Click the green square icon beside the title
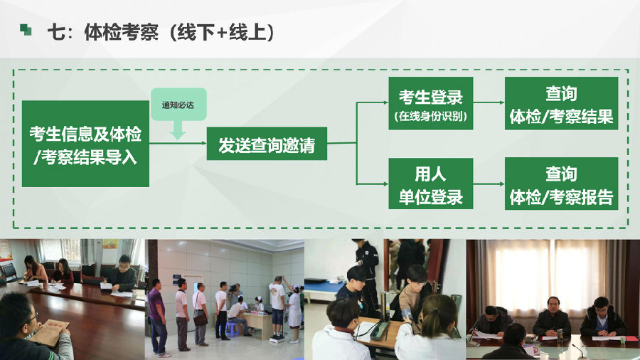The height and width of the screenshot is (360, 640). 26,29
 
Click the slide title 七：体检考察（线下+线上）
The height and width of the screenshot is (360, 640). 161,32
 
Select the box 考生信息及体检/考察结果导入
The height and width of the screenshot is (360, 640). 85,144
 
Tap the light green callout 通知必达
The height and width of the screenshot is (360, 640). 178,105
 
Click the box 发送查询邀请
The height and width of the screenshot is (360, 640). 267,144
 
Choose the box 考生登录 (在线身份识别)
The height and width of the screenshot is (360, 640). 431,103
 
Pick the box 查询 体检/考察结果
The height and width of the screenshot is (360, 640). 561,103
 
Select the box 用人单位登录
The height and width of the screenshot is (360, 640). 431,184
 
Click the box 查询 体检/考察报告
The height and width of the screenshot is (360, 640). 561,184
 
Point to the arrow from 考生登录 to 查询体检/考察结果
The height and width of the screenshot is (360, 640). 489,102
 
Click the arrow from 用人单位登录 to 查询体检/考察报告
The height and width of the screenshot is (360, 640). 489,184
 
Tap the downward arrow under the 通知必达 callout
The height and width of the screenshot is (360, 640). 178,130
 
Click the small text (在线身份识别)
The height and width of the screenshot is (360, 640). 431,116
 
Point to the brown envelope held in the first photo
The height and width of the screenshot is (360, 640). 49,332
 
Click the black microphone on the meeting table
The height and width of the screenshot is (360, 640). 580,350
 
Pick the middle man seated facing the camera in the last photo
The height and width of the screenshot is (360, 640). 552,317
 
